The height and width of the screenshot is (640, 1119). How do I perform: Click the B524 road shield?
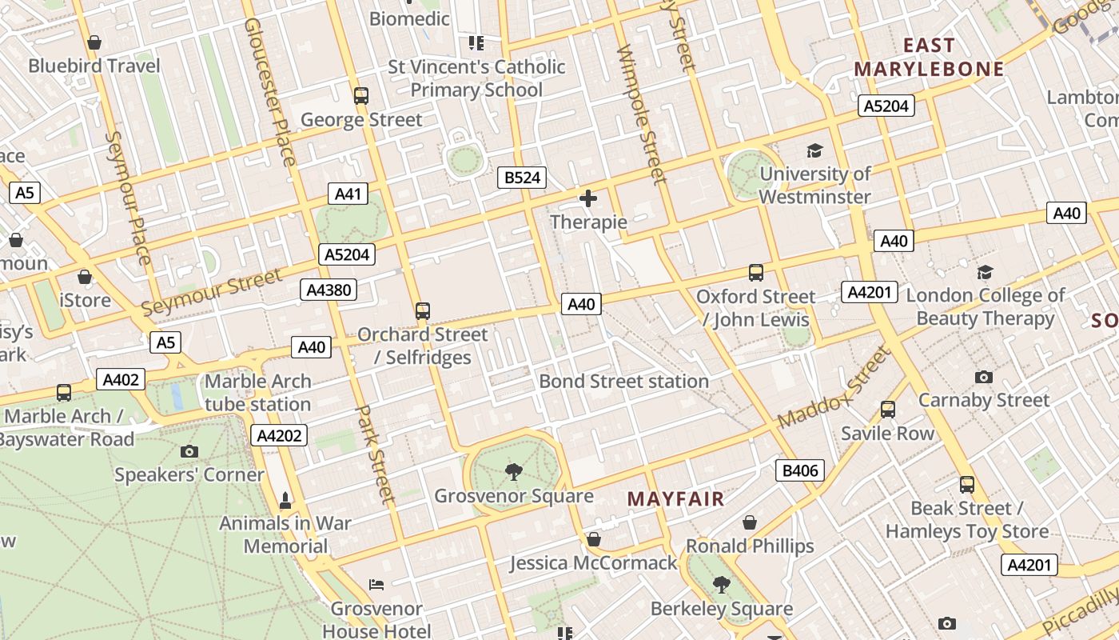pos(523,178)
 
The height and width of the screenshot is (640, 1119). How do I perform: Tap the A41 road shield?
pos(348,193)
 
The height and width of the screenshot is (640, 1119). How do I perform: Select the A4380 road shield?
pos(329,290)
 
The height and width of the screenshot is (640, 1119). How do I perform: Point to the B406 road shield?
pos(800,470)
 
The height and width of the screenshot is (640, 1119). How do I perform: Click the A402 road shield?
pos(121,379)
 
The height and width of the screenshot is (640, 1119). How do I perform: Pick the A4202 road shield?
pos(279,435)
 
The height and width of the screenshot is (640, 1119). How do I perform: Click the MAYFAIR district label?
pos(675,499)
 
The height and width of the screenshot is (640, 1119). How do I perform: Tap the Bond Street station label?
pos(623,381)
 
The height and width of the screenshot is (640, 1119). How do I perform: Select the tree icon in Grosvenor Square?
pos(513,472)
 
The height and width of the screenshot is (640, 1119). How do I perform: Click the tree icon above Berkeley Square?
pos(721,585)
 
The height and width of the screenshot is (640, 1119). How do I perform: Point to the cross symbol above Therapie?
pos(588,198)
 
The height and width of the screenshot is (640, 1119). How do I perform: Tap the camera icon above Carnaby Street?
pos(983,377)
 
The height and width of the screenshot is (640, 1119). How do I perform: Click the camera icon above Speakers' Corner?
pos(189,451)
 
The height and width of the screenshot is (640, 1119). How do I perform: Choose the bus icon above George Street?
pos(361,96)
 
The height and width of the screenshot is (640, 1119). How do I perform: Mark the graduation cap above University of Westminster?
pos(814,150)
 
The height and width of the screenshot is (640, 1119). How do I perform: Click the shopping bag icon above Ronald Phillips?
pos(750,522)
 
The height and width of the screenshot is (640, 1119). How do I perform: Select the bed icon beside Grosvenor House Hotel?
pos(376,585)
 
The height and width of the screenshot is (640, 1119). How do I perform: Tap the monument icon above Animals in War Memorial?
pos(285,500)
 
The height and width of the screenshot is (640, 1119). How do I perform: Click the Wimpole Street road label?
pos(642,114)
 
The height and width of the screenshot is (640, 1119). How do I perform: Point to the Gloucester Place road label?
pos(269,91)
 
